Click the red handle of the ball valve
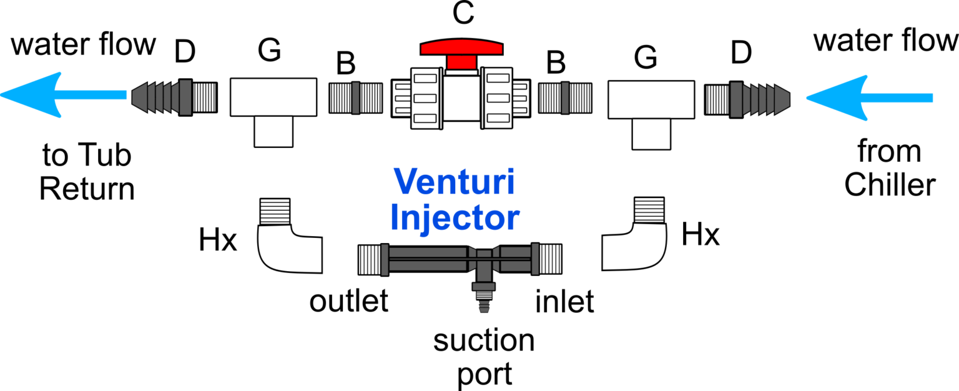tap(461, 49)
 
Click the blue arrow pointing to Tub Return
tap(62, 95)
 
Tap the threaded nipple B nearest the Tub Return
tap(355, 98)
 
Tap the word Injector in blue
tap(458, 217)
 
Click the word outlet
tap(349, 302)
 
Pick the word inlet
tap(564, 302)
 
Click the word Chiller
tap(890, 186)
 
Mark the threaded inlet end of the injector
tap(553, 258)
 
